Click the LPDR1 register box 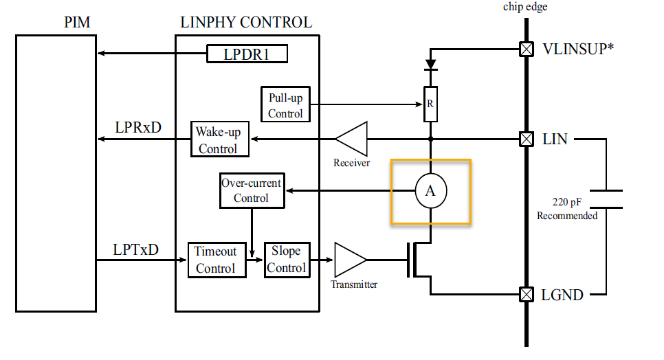246,54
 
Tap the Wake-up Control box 217,139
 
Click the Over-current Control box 251,190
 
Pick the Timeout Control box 215,260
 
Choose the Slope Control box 287,260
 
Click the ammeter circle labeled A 431,191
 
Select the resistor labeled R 431,104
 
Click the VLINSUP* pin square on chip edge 526,49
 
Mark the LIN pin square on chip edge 526,139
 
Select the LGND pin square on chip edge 526,295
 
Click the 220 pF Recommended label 567,209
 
